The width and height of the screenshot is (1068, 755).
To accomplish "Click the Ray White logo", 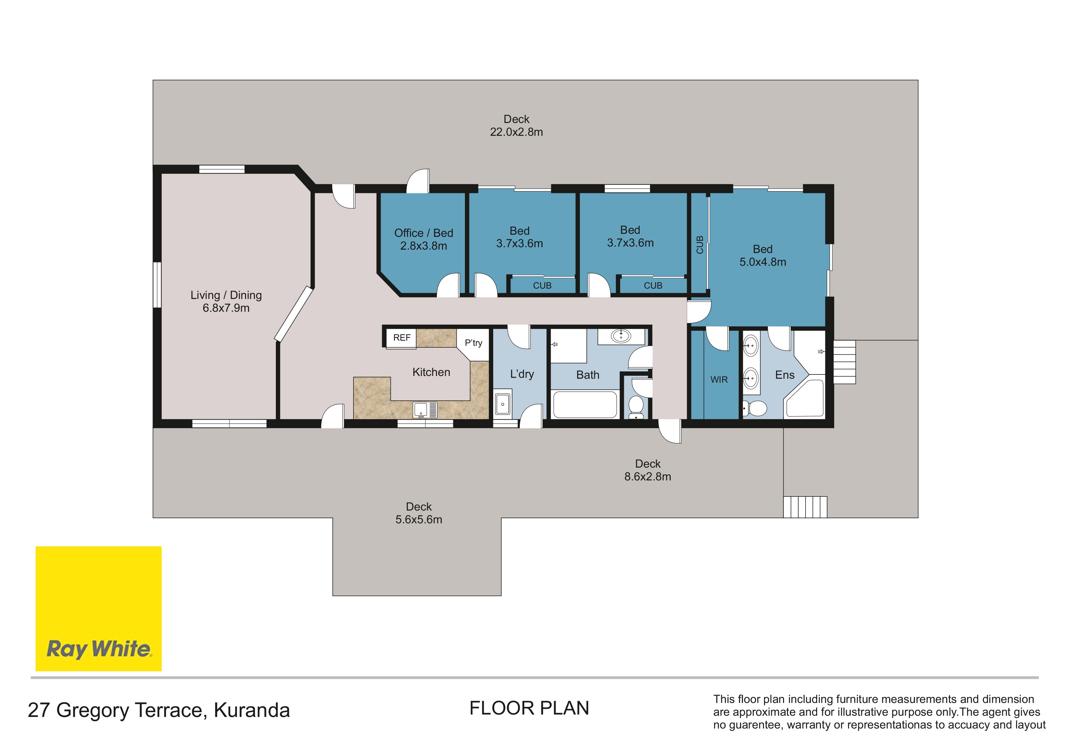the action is (x=99, y=609).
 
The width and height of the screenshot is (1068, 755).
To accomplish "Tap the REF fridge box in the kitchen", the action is (x=402, y=338).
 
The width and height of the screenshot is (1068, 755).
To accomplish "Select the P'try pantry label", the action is (x=473, y=343).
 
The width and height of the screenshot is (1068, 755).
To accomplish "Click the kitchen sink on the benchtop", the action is (x=425, y=410).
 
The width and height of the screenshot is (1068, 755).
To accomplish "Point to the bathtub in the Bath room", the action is (x=585, y=405).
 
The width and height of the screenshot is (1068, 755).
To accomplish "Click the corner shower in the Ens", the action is (x=805, y=399).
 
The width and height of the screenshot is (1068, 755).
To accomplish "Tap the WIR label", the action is (x=719, y=380).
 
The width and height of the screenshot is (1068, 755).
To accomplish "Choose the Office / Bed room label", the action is (x=423, y=233).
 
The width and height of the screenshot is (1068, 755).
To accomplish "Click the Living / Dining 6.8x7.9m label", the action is (x=226, y=301).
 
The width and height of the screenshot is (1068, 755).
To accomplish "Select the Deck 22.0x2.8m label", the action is (x=516, y=126).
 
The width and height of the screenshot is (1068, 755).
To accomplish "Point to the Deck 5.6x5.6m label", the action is (x=419, y=513).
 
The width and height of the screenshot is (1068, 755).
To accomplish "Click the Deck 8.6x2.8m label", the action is (x=648, y=470).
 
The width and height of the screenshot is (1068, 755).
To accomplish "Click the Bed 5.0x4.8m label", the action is (x=763, y=255).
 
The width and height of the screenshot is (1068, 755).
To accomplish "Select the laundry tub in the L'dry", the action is (x=502, y=404).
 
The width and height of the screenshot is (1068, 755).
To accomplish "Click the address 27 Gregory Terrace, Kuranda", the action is (x=159, y=710).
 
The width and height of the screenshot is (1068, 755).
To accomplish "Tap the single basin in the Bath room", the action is (x=621, y=336).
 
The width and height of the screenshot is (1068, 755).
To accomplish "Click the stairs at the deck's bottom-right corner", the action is (x=805, y=507).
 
